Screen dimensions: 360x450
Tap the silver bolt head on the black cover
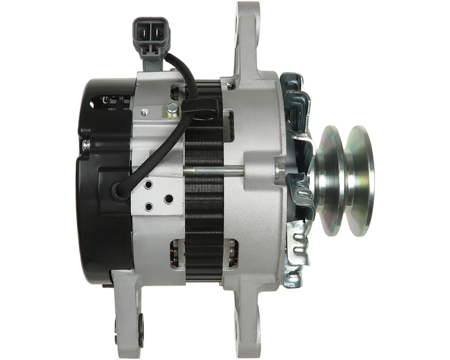(86, 145)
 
